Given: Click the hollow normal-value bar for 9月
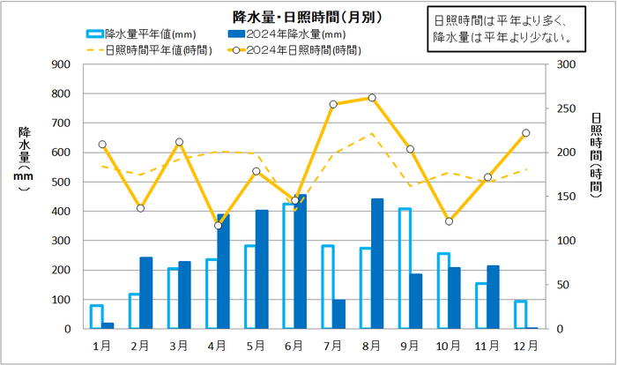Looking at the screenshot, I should click(405, 269).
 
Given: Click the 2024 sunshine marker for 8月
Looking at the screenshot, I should click(372, 98).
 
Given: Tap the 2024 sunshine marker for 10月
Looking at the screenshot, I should click(449, 221).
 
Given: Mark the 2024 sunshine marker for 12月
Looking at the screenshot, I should click(526, 133).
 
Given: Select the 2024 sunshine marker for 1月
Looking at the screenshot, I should click(102, 145).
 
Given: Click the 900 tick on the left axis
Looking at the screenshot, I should click(62, 64).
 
